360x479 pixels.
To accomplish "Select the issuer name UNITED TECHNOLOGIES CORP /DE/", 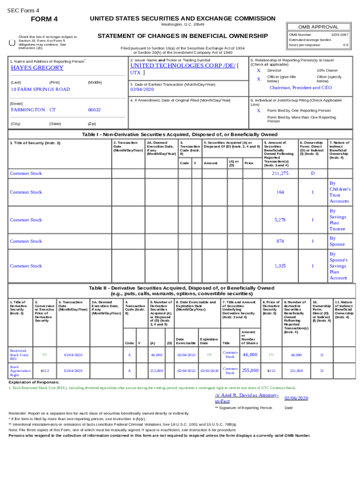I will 183,65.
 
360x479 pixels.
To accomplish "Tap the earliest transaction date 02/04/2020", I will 142,89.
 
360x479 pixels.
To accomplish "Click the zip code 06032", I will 94,109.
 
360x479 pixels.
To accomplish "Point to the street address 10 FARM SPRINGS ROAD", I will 40,89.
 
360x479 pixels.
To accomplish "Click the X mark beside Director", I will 259,70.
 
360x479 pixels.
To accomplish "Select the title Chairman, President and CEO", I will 301,87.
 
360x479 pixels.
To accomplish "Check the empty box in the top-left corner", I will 12,43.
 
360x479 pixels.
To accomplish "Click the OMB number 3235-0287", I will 339,35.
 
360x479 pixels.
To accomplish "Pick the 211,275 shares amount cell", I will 280,174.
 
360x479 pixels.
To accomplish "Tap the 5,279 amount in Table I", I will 280,220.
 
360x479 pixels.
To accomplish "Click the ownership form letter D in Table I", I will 313,174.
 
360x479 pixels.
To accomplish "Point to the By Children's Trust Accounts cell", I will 339,192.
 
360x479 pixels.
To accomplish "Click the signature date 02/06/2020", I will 296,398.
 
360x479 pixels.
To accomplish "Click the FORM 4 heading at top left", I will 44,19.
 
